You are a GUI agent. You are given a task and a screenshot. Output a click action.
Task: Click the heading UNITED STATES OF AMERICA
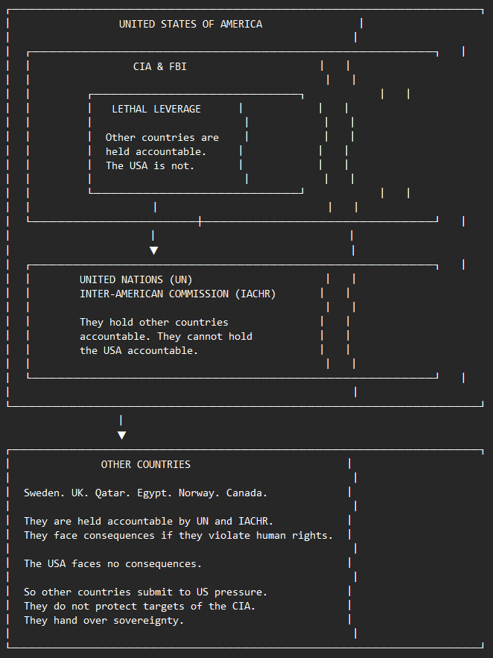191,25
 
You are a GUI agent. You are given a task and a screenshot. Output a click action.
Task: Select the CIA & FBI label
159,67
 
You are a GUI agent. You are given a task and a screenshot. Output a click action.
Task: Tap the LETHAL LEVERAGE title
156,109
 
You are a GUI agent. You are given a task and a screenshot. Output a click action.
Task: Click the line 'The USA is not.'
150,165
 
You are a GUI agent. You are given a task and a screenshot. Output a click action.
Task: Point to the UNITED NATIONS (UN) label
136,280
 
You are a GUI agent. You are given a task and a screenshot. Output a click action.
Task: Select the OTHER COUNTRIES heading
146,464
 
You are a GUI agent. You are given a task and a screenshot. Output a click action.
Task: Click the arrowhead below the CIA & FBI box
154,250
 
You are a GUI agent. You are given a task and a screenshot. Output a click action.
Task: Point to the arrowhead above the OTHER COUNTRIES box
121,435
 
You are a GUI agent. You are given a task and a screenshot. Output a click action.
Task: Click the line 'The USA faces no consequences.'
112,563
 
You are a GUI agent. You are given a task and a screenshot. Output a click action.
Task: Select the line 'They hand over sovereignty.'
104,620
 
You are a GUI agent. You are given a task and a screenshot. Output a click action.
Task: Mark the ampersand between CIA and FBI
159,67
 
